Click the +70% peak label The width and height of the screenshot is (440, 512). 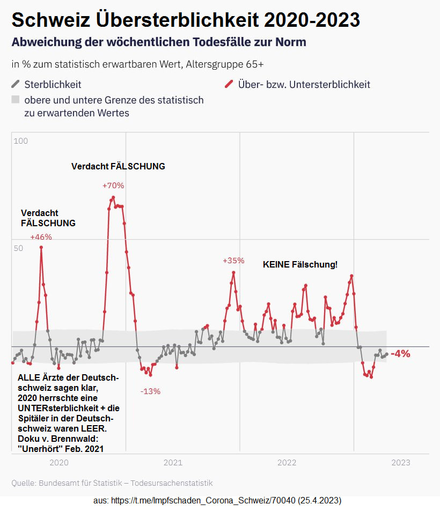pos(113,185)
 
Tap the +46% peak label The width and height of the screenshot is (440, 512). pos(41,237)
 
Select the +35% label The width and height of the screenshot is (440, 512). pos(233,261)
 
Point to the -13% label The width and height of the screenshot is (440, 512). pos(150,391)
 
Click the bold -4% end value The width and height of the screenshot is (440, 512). pos(400,354)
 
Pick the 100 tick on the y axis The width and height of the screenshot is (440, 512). pos(20,141)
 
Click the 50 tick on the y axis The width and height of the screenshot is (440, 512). pos(19,248)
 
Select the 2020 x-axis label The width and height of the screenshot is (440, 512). pos(58,463)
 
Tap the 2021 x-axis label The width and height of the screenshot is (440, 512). pos(173,463)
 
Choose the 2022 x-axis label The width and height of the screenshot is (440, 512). pos(287,463)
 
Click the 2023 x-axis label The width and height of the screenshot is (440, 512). pos(401,463)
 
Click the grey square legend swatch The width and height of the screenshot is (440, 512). pos(16,100)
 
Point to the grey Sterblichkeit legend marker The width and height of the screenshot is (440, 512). pos(16,84)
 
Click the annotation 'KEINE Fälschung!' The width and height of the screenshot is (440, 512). pos(300,264)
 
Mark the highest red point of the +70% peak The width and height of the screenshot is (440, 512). pos(113,197)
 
